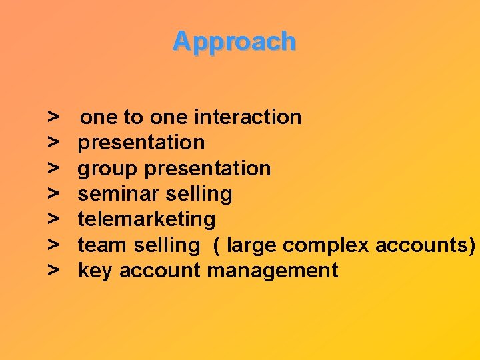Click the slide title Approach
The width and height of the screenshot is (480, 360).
pos(234,41)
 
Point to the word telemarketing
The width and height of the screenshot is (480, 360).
pos(147,219)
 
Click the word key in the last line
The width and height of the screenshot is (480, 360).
pos(95,271)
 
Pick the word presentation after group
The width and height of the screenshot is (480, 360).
pos(207,169)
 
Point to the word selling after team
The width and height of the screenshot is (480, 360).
pos(166,245)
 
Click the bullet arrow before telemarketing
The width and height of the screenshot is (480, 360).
pos(53,219)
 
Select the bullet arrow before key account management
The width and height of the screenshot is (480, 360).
pos(53,271)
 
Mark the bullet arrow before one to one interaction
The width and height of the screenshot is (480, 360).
pos(53,117)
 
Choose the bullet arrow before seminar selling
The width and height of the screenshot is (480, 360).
pos(53,194)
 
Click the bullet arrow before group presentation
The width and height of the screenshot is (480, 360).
pos(53,169)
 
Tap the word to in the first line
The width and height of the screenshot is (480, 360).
pos(133,117)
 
